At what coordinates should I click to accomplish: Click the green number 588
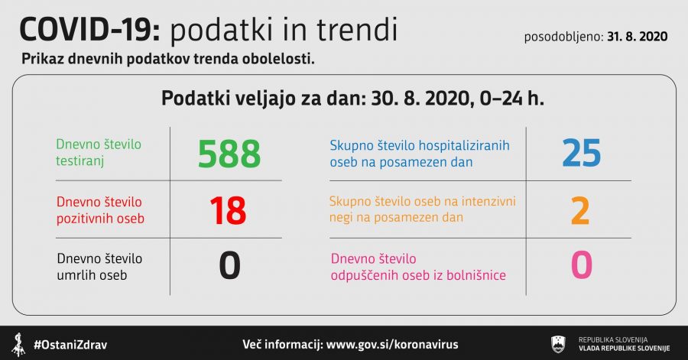click(x=229, y=154)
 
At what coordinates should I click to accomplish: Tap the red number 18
click(x=228, y=210)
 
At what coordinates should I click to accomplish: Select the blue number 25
click(x=582, y=153)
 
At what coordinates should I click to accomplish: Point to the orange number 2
click(x=580, y=211)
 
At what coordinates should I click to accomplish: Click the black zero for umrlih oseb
click(x=229, y=265)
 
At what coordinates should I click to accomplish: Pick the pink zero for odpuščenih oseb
click(x=582, y=264)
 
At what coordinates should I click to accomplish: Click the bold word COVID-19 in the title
click(x=90, y=30)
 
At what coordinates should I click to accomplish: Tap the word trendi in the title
click(x=357, y=29)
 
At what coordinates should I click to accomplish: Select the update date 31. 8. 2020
click(x=637, y=37)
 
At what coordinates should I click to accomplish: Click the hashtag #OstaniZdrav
click(x=70, y=345)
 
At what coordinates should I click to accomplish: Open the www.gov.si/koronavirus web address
click(x=392, y=344)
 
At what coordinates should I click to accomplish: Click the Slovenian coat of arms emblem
click(x=558, y=344)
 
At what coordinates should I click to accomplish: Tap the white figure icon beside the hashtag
click(x=18, y=345)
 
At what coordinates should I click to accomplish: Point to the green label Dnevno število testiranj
click(x=99, y=153)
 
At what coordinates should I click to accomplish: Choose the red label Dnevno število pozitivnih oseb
click(x=100, y=210)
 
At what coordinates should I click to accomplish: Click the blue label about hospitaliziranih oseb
click(x=420, y=154)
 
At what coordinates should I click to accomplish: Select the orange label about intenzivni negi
click(x=422, y=209)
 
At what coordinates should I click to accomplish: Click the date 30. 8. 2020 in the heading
click(x=420, y=99)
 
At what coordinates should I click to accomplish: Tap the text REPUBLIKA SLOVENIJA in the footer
click(x=613, y=340)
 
